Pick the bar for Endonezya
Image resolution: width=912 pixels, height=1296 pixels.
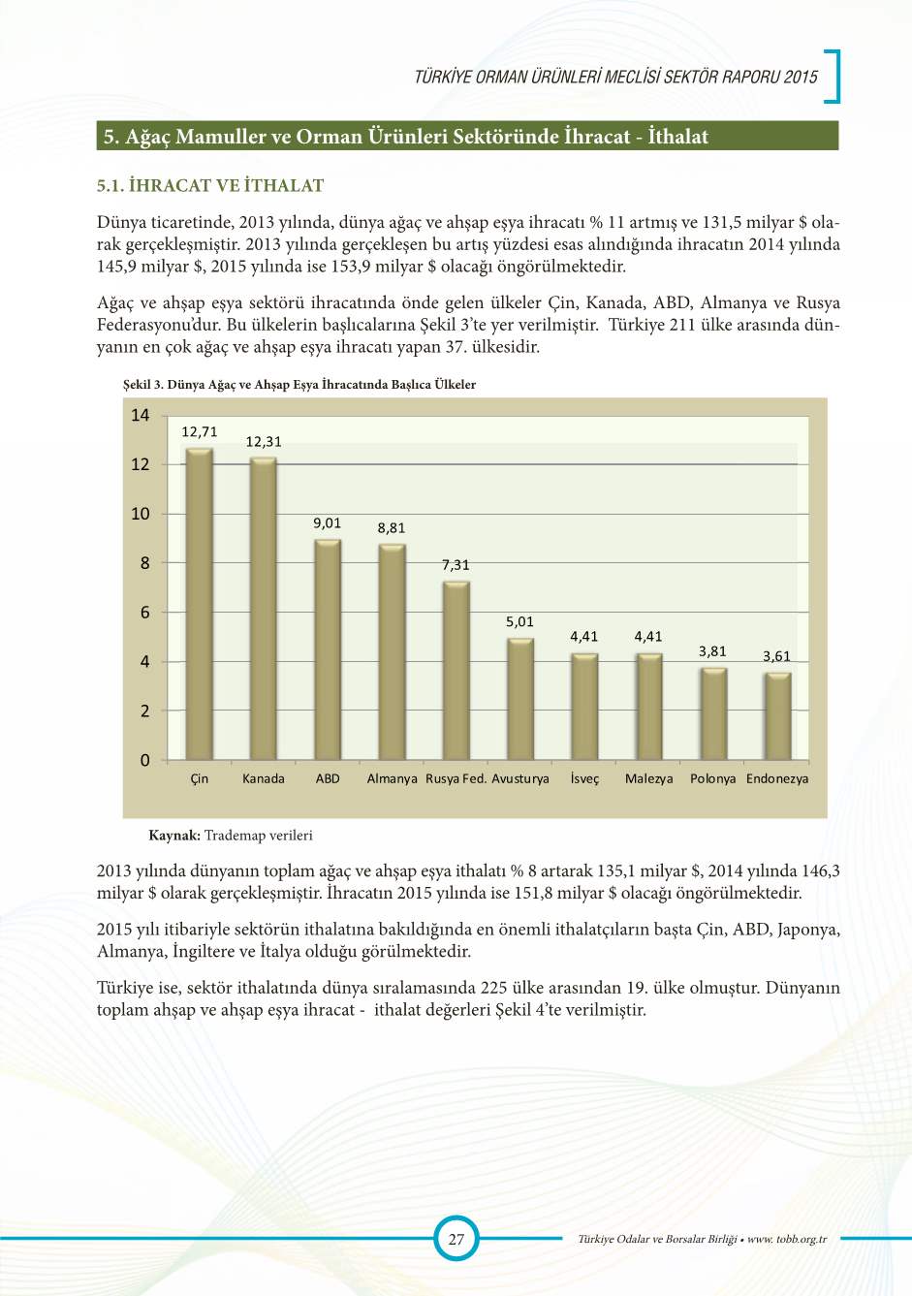point(777,716)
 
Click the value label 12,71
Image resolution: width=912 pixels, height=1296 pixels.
point(200,432)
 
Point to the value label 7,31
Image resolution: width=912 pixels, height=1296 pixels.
point(456,564)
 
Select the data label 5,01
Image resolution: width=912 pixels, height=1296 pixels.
point(519,622)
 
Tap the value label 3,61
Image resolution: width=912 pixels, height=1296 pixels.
point(776,656)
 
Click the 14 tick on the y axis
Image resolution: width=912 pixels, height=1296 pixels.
point(141,416)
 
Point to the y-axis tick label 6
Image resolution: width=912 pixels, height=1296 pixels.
point(145,613)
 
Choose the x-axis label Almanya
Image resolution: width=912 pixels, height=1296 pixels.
point(392,778)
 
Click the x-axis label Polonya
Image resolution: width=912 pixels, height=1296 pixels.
point(712,778)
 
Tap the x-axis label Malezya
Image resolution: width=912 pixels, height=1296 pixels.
point(648,778)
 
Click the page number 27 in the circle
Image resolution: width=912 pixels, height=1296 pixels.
point(456,1239)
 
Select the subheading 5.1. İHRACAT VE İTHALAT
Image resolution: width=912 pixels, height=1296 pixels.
point(210,185)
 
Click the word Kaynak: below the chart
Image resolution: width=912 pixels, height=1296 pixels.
point(174,836)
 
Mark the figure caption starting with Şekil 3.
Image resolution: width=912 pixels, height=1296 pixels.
point(299,385)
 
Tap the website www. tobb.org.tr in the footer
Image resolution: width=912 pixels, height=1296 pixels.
point(787,1239)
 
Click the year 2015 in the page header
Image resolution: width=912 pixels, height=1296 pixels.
point(802,77)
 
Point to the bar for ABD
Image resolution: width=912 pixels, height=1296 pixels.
point(328,649)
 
